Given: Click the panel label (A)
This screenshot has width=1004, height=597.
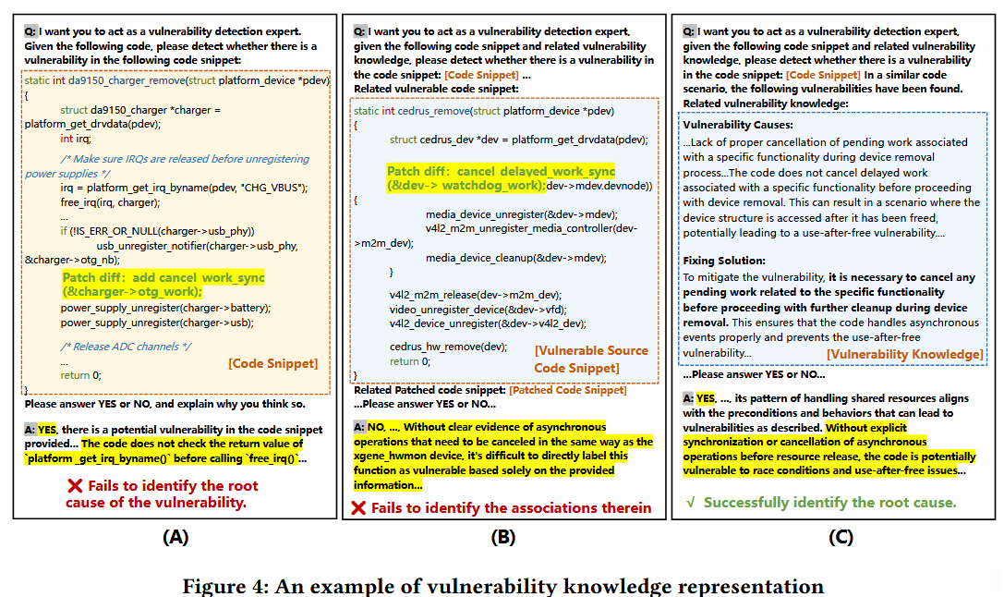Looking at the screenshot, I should [x=175, y=537].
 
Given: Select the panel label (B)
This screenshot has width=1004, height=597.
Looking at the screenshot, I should [x=503, y=537].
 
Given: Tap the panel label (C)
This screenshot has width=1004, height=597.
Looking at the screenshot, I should [x=841, y=537].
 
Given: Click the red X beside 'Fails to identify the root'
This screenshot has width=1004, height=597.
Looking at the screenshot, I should [x=75, y=486].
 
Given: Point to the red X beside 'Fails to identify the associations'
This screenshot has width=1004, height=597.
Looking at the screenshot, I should [x=358, y=508].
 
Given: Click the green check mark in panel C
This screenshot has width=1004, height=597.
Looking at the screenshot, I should [x=690, y=503].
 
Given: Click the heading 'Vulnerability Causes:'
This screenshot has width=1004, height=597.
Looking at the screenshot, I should [x=737, y=125].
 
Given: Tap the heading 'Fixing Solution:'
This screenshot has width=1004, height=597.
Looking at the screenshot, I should [x=724, y=261].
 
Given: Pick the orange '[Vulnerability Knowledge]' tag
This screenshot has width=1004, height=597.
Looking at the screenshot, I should [x=904, y=354].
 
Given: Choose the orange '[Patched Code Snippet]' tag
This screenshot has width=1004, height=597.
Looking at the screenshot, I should [x=567, y=390].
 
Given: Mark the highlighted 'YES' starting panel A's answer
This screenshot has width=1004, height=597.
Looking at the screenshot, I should [x=47, y=430].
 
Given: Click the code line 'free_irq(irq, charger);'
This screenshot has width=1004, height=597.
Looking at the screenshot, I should [x=108, y=201].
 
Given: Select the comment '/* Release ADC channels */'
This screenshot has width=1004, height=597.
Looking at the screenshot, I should [x=126, y=347].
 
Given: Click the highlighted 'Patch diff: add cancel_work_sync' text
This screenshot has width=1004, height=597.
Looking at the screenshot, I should [x=163, y=277].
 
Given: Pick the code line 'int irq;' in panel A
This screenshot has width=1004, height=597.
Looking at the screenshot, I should [x=77, y=139].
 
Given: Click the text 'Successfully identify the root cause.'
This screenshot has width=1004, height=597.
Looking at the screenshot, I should [x=829, y=503].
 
